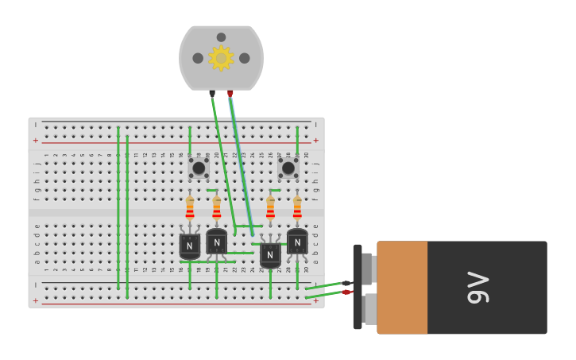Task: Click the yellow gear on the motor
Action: point(220,58)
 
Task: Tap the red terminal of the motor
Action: point(230,93)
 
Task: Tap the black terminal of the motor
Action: point(212,93)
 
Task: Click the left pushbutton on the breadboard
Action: point(199,168)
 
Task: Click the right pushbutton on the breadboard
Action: point(288,168)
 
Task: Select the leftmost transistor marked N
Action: point(190,245)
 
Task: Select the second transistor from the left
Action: point(216,242)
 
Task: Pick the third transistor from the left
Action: point(270,254)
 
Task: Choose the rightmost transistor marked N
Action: point(297,242)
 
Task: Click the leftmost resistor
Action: point(190,208)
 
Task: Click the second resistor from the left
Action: point(216,208)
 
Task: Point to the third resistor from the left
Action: point(270,208)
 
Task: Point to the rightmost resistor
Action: point(297,208)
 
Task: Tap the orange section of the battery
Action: point(402,288)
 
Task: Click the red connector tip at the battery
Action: point(347,292)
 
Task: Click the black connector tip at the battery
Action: point(346,283)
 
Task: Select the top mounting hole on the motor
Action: point(221,37)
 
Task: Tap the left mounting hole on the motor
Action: point(198,58)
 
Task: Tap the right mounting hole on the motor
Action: point(245,58)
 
